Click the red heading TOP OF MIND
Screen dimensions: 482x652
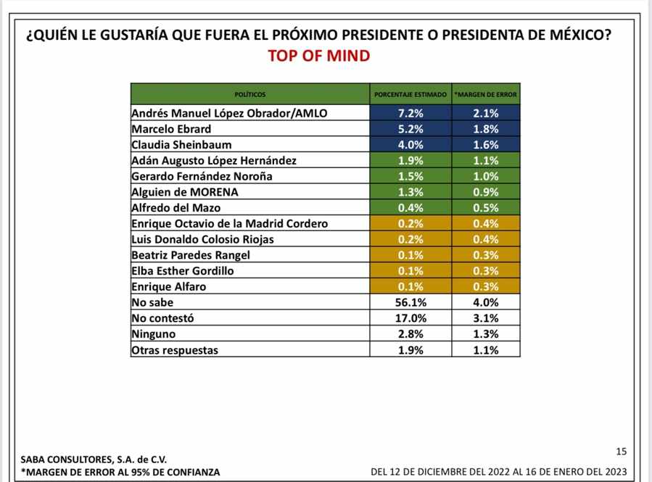(x=318, y=56)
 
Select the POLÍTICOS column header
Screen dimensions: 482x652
(x=250, y=95)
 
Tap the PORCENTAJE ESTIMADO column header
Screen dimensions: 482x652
(x=410, y=95)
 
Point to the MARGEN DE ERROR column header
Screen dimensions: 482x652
(x=486, y=95)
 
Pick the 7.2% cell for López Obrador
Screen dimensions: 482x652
(x=410, y=113)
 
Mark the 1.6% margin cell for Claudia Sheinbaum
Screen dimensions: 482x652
(x=486, y=144)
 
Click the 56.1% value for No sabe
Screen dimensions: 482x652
(x=410, y=302)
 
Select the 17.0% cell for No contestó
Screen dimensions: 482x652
(x=410, y=318)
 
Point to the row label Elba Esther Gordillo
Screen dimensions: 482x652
(x=183, y=270)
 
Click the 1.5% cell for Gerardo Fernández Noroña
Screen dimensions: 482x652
(x=410, y=176)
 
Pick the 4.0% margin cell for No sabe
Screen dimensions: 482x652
(x=486, y=302)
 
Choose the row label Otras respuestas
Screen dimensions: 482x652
(x=175, y=350)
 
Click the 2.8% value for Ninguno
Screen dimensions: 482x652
(x=410, y=334)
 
